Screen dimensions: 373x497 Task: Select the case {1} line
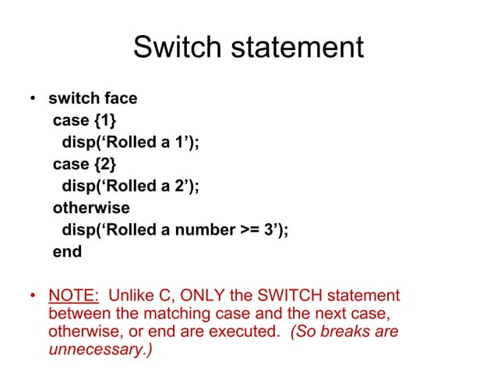(86, 121)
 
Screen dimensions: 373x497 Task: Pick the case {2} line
(86, 165)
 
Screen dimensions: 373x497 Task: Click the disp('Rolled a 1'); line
(125, 143)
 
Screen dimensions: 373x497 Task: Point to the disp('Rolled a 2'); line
(125, 186)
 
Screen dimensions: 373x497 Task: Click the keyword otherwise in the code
(91, 208)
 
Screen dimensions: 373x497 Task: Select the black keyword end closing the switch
(67, 252)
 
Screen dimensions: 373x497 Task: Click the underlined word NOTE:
(74, 297)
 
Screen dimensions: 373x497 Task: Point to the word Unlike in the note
(132, 297)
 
